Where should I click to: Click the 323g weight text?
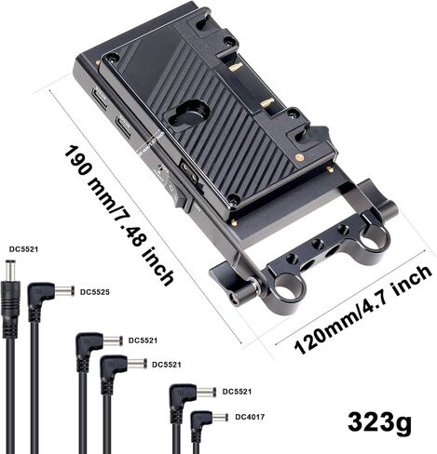(379, 422)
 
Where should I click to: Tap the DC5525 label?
(95, 292)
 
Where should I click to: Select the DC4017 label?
(250, 417)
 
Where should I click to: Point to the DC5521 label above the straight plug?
(23, 249)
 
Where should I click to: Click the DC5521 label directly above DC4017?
(237, 392)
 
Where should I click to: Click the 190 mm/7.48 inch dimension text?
(118, 216)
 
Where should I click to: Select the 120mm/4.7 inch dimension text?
(362, 310)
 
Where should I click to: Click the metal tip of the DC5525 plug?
(64, 291)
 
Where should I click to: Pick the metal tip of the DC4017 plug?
(219, 418)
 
